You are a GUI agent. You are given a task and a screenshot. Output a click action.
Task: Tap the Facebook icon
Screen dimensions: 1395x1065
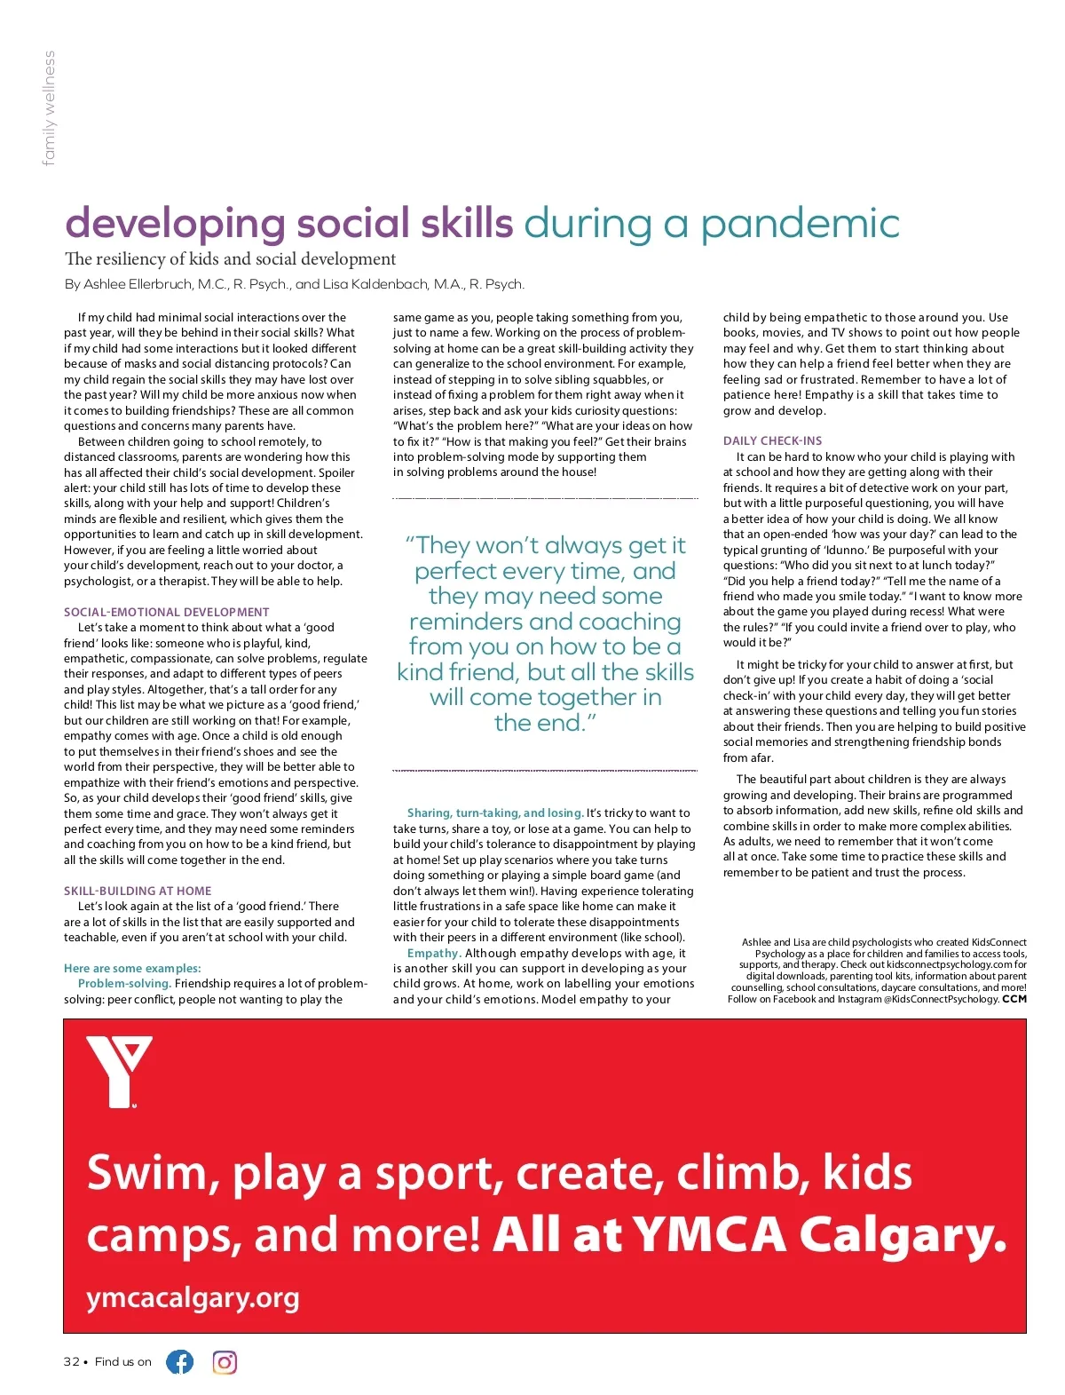180,1361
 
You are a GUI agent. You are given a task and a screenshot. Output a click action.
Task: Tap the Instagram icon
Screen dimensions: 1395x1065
225,1361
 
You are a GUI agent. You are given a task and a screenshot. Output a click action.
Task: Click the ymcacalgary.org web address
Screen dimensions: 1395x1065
193,1298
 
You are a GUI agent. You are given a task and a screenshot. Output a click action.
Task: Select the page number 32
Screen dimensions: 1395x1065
71,1362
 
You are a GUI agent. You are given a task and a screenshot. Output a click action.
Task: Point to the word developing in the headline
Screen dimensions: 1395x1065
175,224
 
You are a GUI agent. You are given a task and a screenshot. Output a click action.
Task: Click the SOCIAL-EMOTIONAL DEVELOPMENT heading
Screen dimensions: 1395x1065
166,612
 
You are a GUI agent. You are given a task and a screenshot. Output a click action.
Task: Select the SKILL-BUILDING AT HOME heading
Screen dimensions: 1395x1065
138,891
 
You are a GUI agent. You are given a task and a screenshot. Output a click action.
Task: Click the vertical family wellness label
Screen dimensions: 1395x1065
50,108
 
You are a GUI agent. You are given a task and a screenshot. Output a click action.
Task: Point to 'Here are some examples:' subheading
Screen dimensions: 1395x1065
132,968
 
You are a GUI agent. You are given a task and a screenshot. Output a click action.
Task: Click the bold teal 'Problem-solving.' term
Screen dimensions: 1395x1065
124,983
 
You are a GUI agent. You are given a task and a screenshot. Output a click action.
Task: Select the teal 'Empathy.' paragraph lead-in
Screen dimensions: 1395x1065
434,953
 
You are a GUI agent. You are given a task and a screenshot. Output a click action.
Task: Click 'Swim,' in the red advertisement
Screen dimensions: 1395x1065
153,1173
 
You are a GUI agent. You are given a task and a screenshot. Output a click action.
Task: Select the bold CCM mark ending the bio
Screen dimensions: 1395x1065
1014,999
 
